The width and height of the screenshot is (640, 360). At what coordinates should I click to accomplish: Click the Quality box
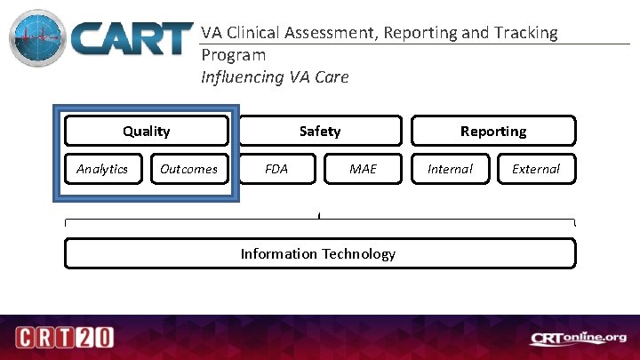point(147,131)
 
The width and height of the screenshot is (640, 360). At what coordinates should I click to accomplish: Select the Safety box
point(320,131)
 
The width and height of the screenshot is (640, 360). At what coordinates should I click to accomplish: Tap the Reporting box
point(493,131)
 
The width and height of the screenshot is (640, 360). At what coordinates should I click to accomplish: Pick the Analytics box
point(102,169)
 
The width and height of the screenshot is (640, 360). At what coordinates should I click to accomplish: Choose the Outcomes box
point(188,169)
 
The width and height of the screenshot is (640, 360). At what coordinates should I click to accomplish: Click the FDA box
point(276,169)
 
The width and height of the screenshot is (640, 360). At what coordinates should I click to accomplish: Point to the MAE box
point(363,169)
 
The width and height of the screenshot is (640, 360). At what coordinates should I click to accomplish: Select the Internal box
point(450,169)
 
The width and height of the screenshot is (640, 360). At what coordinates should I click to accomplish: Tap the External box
point(536,169)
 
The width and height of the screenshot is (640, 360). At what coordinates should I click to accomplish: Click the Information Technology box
point(318,253)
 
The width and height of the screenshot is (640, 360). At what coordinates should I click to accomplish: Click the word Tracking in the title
point(525,33)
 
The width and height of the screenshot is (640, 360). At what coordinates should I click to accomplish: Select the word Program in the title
point(233,55)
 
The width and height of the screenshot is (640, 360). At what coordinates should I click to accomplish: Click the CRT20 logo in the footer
point(64,339)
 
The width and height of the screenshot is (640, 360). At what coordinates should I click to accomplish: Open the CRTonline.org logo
point(578,338)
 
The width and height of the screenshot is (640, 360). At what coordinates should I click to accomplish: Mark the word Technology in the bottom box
point(357,253)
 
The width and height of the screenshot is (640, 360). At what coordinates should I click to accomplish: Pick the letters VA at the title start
point(211,33)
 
